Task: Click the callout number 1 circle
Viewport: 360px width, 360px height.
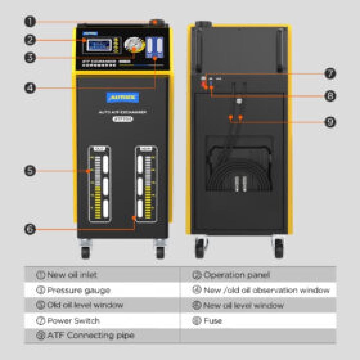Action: coord(30,22)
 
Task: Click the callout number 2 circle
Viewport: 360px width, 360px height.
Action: coord(30,40)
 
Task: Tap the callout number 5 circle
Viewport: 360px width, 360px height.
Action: coord(30,170)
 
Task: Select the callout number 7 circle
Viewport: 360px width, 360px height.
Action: coord(330,74)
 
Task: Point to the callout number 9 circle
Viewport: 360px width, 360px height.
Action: coord(330,122)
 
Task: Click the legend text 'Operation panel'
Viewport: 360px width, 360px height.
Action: coord(237,275)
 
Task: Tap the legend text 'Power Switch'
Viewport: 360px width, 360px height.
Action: coord(73,321)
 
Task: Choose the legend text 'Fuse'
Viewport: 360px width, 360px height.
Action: coord(213,321)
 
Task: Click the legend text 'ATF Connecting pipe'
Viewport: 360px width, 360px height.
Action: coord(90,336)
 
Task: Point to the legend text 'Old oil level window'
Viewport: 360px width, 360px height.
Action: coord(85,305)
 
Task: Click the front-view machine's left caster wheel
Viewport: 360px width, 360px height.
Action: coord(85,249)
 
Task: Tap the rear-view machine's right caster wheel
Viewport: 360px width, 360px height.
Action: coord(278,248)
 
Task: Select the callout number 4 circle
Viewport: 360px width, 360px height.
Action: coord(30,88)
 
